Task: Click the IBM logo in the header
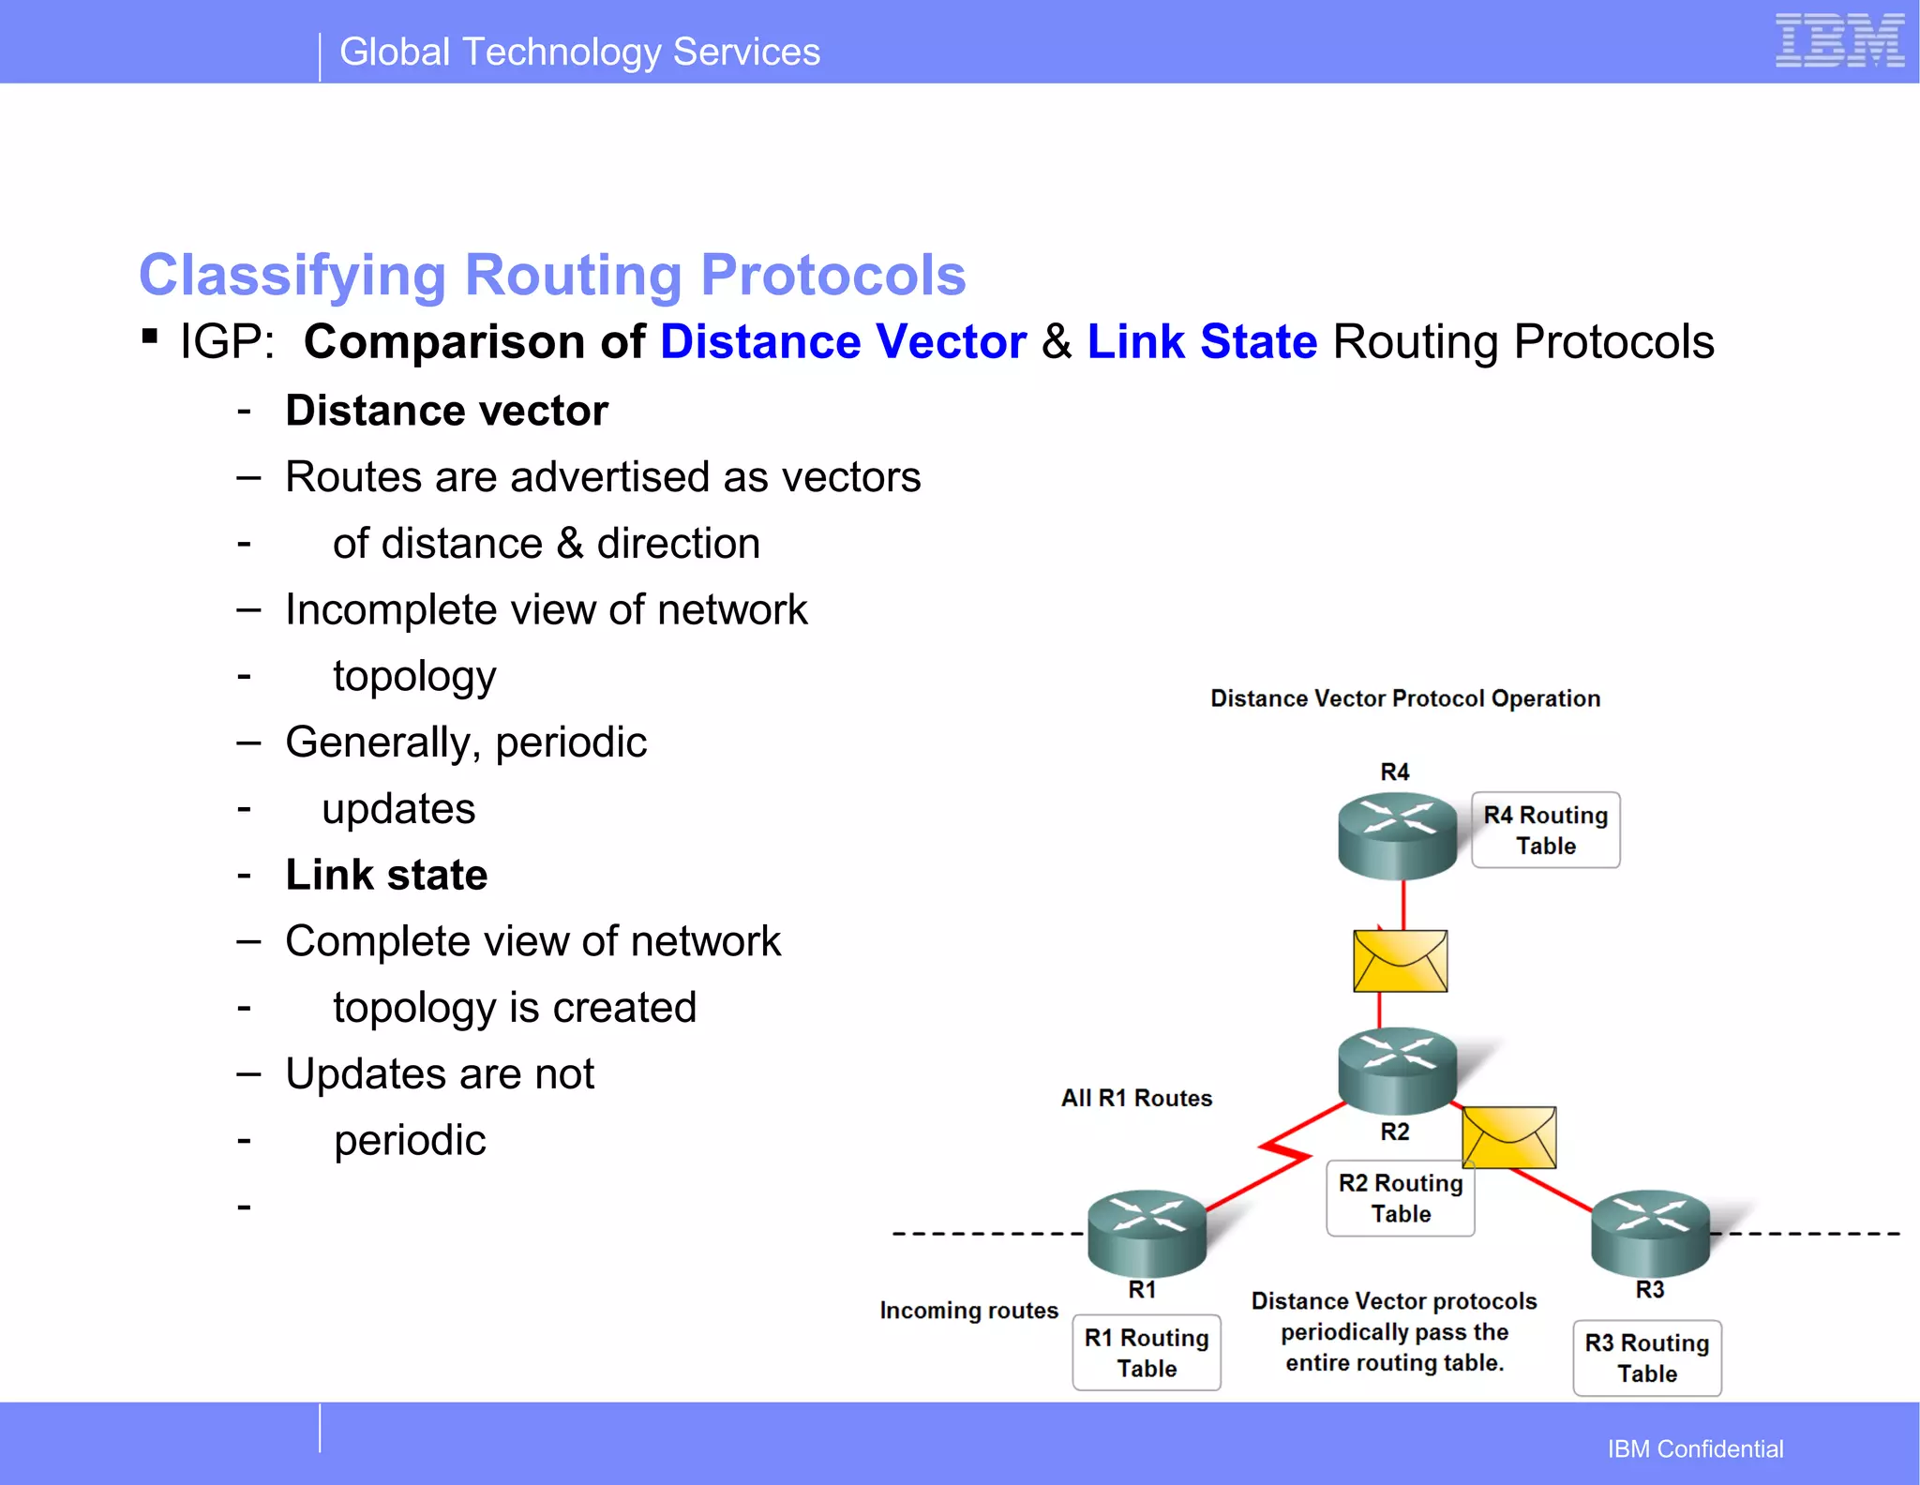tap(1839, 41)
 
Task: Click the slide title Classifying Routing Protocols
tap(552, 276)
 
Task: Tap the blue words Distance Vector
tap(843, 341)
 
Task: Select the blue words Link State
tap(1202, 341)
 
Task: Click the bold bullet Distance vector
tap(446, 411)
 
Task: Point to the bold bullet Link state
tap(386, 875)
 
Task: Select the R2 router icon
tap(1397, 1070)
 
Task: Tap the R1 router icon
tap(1147, 1232)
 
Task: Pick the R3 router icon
tap(1650, 1232)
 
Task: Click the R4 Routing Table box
tap(1545, 831)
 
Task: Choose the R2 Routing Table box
tap(1401, 1198)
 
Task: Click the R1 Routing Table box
tap(1147, 1353)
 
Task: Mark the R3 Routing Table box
tap(1647, 1358)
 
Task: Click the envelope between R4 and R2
tap(1401, 961)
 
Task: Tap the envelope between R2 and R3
tap(1508, 1137)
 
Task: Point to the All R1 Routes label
tap(1136, 1098)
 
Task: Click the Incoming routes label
tap(968, 1310)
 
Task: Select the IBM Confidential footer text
tap(1695, 1449)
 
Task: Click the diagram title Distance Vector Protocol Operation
tap(1405, 698)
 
